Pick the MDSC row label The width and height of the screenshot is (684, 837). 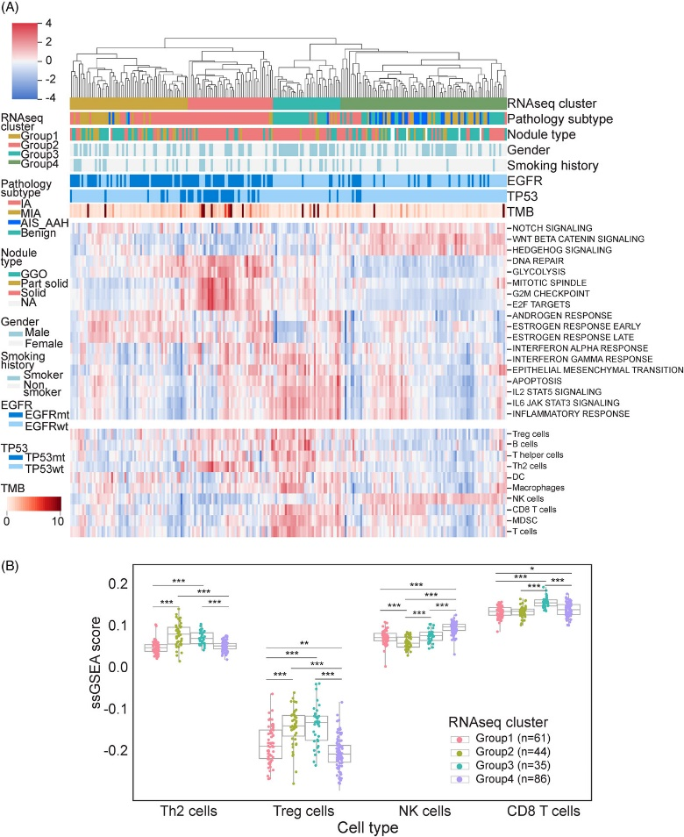[x=524, y=520]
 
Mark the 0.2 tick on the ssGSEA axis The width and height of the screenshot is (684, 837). [x=160, y=583]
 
